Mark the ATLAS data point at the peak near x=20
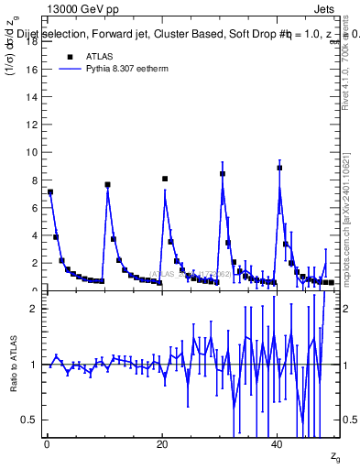click(x=165, y=179)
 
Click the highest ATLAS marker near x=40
click(x=279, y=168)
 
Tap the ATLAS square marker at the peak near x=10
click(x=107, y=184)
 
